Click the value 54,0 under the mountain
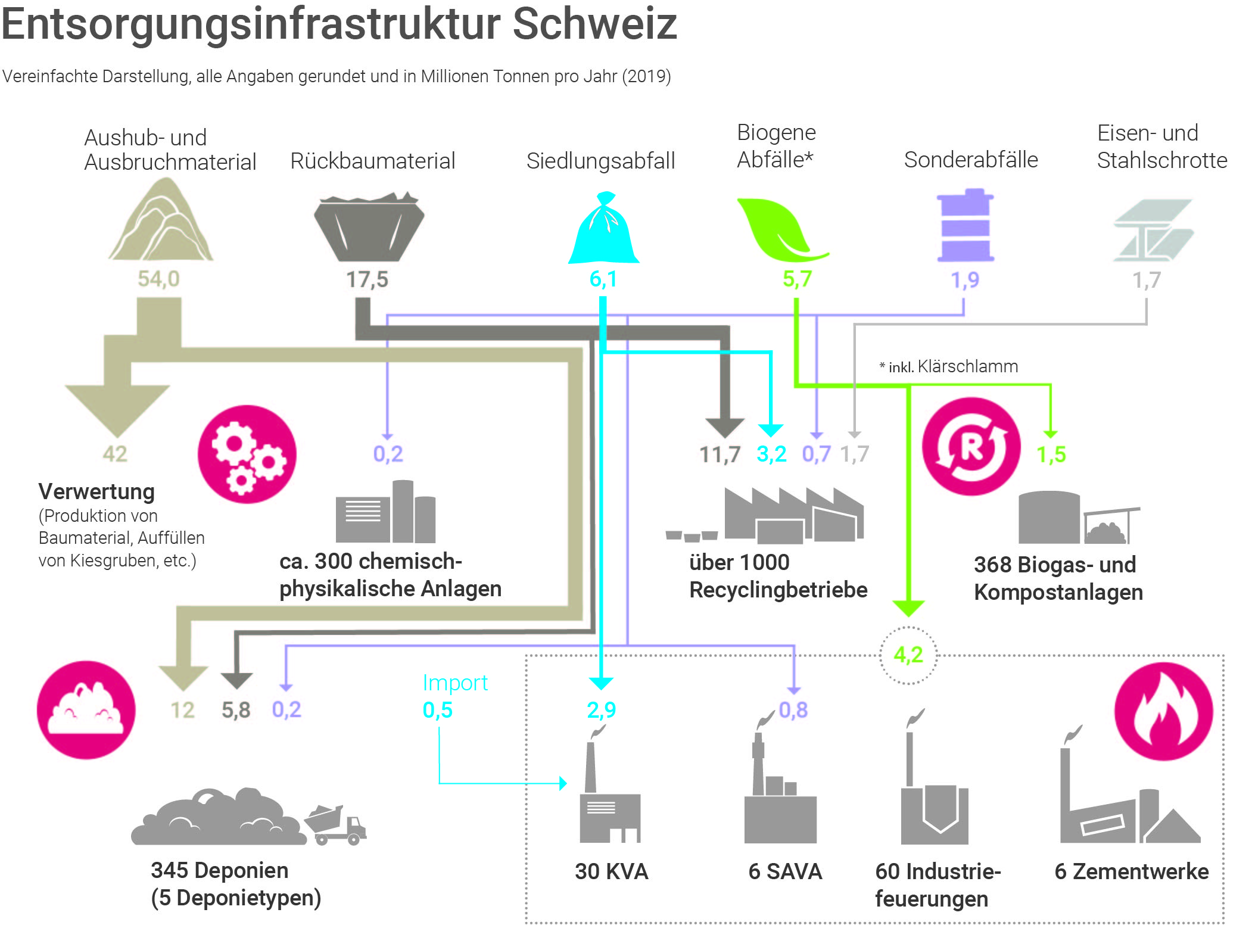(x=158, y=279)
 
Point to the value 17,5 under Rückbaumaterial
(x=367, y=279)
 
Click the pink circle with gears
(x=247, y=454)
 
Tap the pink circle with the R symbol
(x=971, y=446)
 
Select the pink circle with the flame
(x=1163, y=711)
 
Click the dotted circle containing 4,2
(x=908, y=655)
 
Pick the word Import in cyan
(x=455, y=683)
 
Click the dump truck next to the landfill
(x=336, y=825)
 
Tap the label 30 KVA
(x=611, y=871)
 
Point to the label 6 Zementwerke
(x=1131, y=871)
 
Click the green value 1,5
(x=1051, y=454)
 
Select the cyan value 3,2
(x=771, y=454)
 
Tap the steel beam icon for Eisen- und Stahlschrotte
(x=1153, y=231)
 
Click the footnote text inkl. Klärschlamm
(x=953, y=366)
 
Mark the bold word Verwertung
(x=96, y=491)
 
